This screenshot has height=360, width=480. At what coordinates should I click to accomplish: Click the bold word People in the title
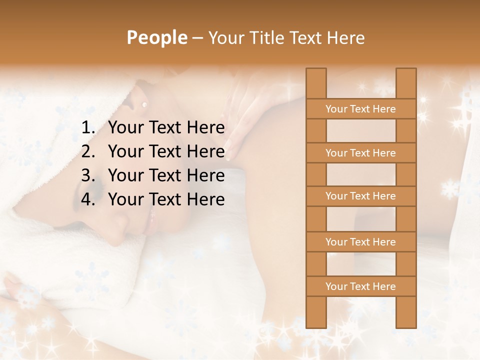pos(156,38)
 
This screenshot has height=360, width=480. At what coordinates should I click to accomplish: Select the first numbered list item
pos(166,128)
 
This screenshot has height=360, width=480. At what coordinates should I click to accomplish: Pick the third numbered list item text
pos(166,175)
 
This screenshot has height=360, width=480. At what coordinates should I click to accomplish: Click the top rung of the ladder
pos(360,109)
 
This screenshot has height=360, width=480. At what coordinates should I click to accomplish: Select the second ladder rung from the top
pos(360,153)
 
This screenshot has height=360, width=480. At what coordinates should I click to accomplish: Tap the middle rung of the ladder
pos(360,196)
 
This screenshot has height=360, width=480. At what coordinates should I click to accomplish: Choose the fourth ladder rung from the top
pos(360,242)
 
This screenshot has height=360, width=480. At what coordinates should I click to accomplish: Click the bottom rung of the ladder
pos(360,286)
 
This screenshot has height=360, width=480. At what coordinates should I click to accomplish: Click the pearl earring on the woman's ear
pos(145,104)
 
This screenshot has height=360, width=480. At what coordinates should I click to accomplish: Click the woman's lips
pos(151,220)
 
